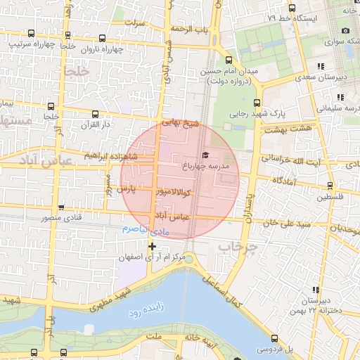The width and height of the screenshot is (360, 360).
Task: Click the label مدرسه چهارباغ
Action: [x=216, y=166]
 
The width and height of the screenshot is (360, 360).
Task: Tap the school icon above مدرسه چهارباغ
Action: [x=205, y=155]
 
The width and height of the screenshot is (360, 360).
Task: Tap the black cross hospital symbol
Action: [x=151, y=245]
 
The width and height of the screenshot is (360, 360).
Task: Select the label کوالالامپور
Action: [x=164, y=191]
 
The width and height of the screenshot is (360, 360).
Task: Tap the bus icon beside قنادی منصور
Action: [x=62, y=207]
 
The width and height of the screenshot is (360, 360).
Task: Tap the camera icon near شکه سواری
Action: [x=345, y=31]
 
